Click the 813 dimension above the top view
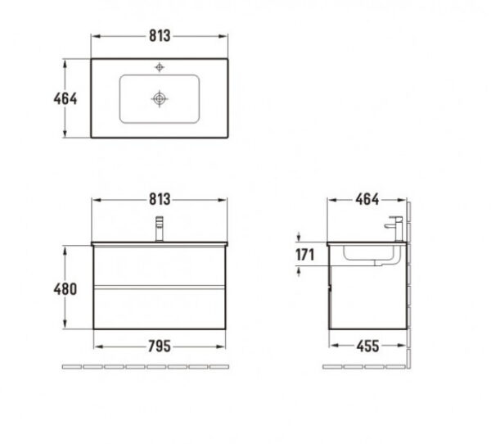pos(160,36)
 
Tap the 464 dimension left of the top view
pos(65,99)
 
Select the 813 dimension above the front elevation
pos(160,199)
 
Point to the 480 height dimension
pos(65,289)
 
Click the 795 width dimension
pos(160,347)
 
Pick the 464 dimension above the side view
pos(367,199)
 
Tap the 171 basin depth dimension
pos(304,255)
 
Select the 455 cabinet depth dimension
pos(367,346)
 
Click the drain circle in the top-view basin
pos(160,99)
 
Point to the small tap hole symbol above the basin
pos(160,67)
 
